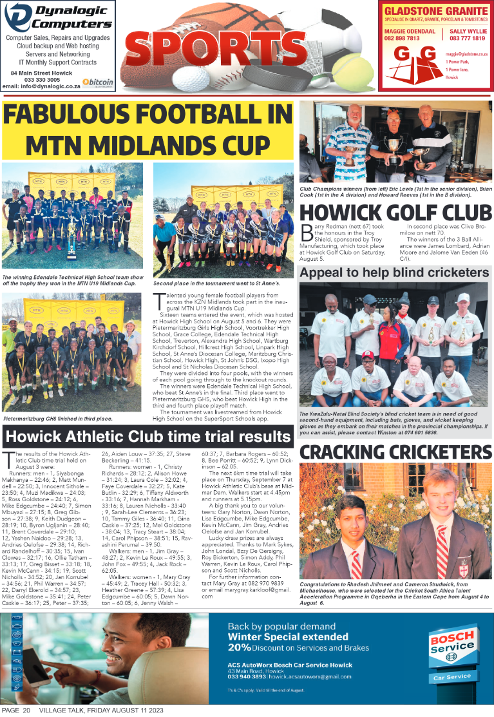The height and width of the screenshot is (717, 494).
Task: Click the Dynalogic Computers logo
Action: point(58,17)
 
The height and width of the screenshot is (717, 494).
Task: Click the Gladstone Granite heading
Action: point(435,12)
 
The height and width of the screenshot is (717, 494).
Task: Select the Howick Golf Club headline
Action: point(395,213)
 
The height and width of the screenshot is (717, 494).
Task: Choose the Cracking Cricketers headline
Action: point(395,452)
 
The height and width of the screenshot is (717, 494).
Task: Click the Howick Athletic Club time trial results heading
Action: point(147,437)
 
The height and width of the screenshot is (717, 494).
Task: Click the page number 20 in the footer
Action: point(26,710)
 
